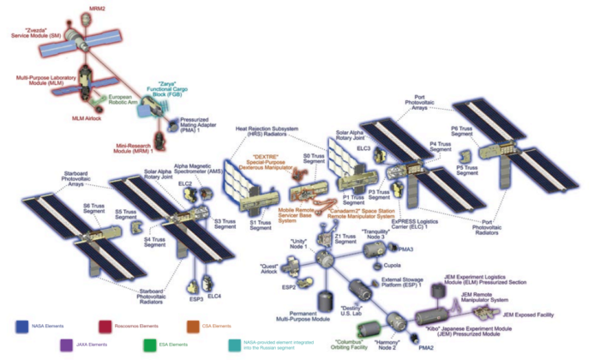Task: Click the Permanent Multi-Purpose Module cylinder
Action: pyautogui.click(x=325, y=302)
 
